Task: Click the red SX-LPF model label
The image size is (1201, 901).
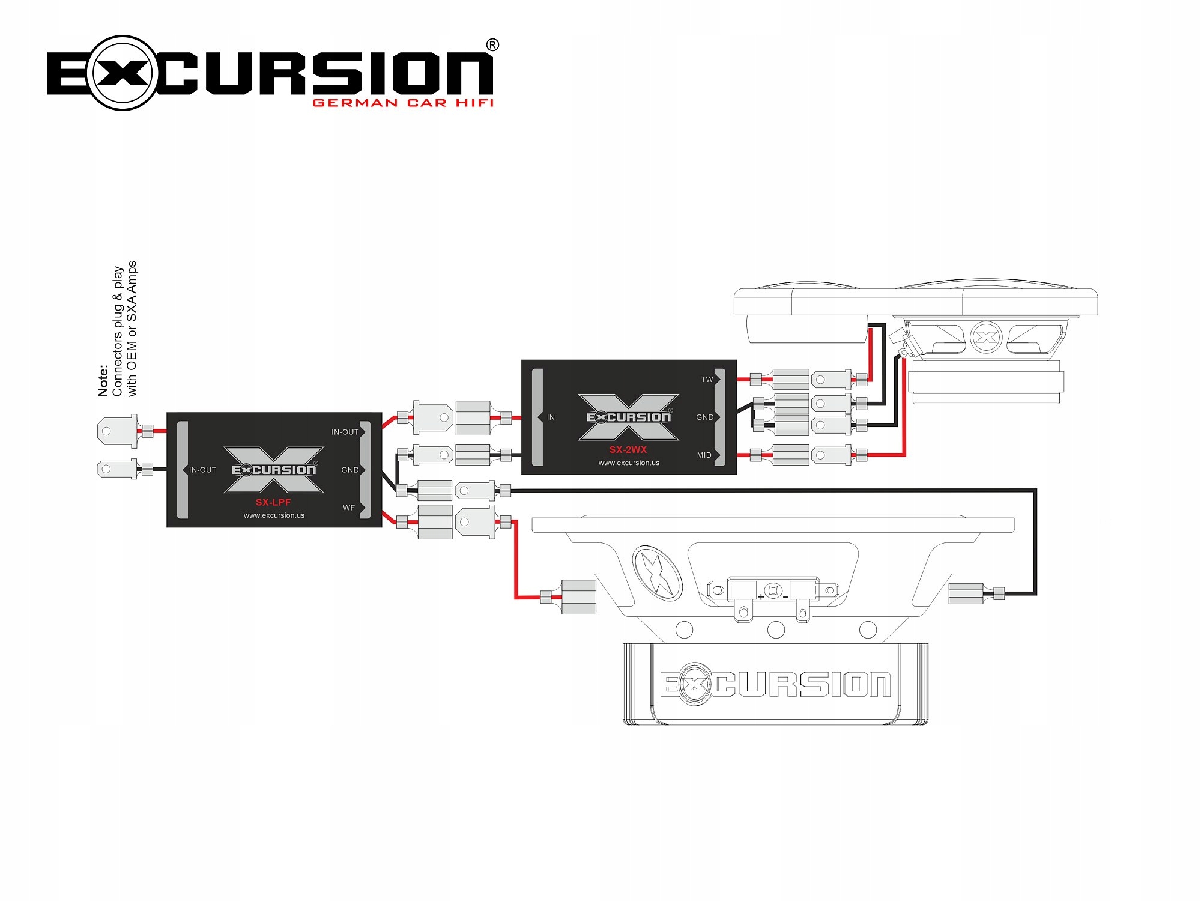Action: (273, 502)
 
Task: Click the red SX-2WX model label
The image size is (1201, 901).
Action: (628, 449)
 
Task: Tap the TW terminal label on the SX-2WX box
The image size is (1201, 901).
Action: (707, 380)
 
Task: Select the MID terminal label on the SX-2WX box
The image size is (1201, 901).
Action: (704, 455)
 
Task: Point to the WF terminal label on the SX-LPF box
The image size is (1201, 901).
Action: (349, 508)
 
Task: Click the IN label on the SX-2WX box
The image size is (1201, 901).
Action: (551, 417)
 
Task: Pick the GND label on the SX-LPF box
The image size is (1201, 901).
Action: (349, 470)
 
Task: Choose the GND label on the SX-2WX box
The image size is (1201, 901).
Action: (704, 417)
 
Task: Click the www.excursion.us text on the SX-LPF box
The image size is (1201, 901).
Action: (274, 515)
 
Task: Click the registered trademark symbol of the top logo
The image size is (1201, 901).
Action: (492, 45)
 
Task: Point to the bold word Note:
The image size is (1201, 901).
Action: (103, 380)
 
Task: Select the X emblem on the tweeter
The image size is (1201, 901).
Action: (985, 338)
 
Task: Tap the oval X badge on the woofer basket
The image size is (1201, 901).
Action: (657, 573)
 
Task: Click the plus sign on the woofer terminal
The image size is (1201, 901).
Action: (761, 597)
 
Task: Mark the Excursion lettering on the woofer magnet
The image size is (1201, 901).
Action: (775, 684)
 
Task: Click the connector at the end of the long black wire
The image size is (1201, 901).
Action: (966, 593)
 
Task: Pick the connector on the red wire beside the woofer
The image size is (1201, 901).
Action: (578, 596)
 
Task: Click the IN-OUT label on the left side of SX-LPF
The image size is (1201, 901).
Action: (202, 470)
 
